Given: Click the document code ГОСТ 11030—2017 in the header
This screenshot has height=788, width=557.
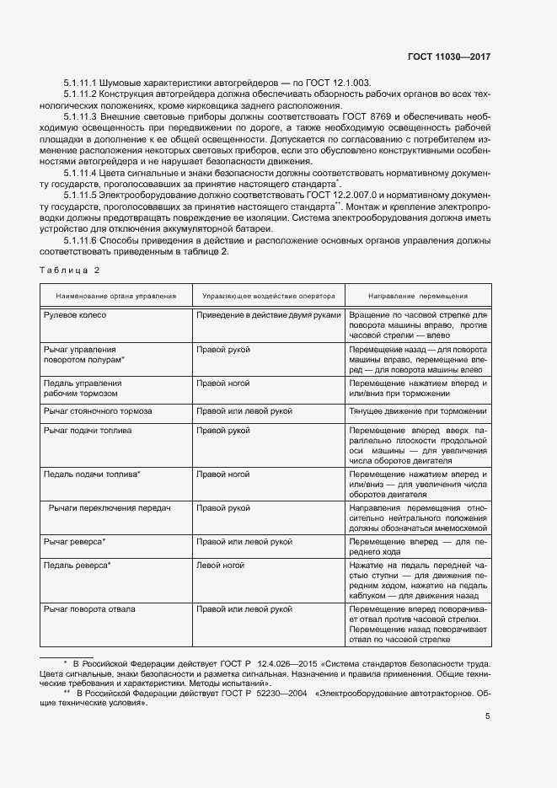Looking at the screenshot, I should (x=447, y=56).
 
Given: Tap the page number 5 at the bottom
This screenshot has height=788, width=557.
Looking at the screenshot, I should (x=487, y=717).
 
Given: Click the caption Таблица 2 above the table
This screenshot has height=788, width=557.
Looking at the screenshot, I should (x=70, y=270).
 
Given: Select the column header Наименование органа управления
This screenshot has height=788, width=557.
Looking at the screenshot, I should (x=115, y=297).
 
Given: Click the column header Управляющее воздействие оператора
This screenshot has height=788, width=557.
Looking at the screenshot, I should (x=267, y=297).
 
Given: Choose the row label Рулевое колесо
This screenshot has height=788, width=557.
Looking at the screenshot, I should (x=74, y=315).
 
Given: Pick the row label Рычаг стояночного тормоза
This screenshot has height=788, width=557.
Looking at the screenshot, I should (x=97, y=411).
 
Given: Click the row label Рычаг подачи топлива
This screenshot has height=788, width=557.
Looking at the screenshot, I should (x=88, y=431).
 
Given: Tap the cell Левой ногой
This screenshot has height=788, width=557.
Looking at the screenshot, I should (x=217, y=565).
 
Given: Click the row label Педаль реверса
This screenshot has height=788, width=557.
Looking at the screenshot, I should (x=77, y=565).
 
